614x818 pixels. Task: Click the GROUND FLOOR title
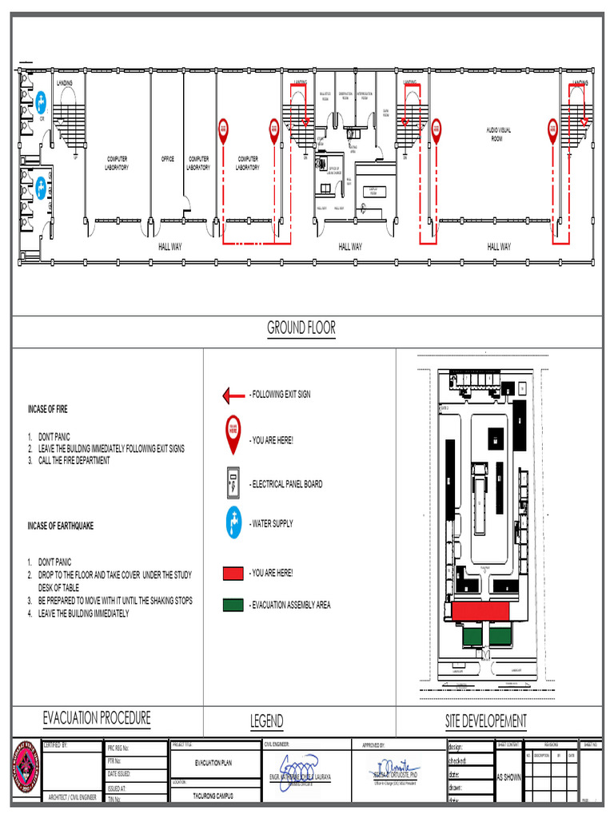click(x=301, y=328)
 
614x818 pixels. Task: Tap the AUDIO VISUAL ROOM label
click(x=499, y=133)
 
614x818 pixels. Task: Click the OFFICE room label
click(x=167, y=159)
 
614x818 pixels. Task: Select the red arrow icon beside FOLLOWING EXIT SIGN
click(x=233, y=395)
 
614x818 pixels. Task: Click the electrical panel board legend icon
click(x=233, y=482)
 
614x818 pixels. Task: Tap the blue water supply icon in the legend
click(x=233, y=523)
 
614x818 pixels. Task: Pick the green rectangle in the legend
click(x=233, y=605)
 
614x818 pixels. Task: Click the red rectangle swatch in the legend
click(x=233, y=574)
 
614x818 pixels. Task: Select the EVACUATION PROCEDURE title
click(x=96, y=718)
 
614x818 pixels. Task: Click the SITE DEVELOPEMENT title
click(x=485, y=721)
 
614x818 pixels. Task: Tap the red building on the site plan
click(x=480, y=611)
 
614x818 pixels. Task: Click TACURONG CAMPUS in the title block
click(x=214, y=796)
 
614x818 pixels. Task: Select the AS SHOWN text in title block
click(x=509, y=776)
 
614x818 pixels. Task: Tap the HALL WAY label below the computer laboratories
click(x=169, y=247)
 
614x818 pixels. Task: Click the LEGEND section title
click(x=266, y=721)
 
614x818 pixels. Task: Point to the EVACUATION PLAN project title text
click(x=213, y=763)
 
